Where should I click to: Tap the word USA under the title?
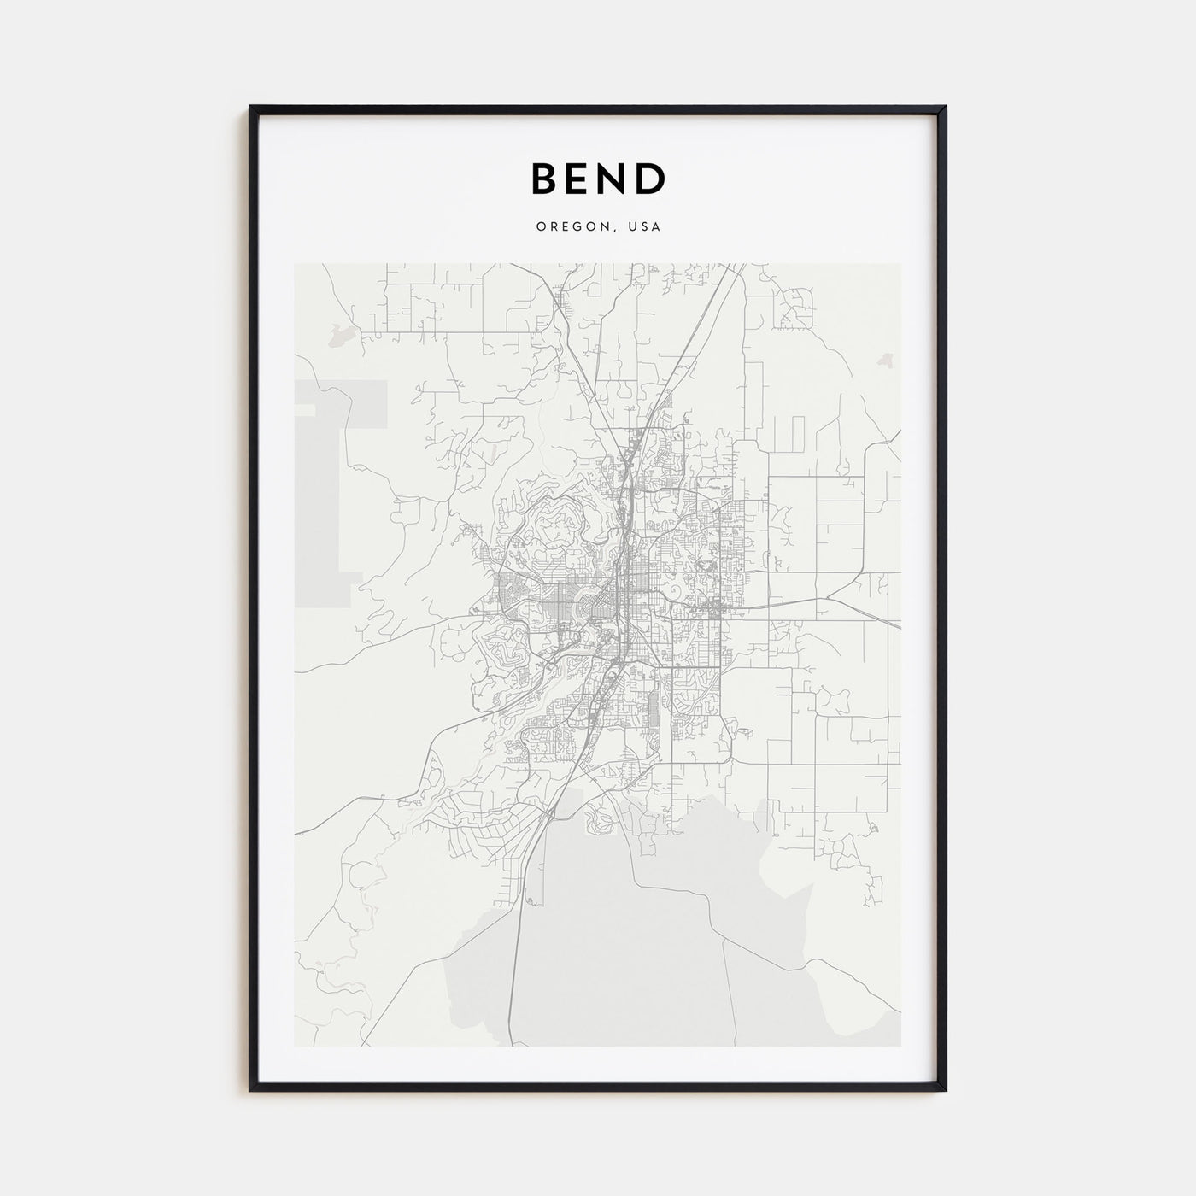coord(644,227)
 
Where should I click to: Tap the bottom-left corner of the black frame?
coord(251,1089)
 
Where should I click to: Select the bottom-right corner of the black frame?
coord(945,1089)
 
